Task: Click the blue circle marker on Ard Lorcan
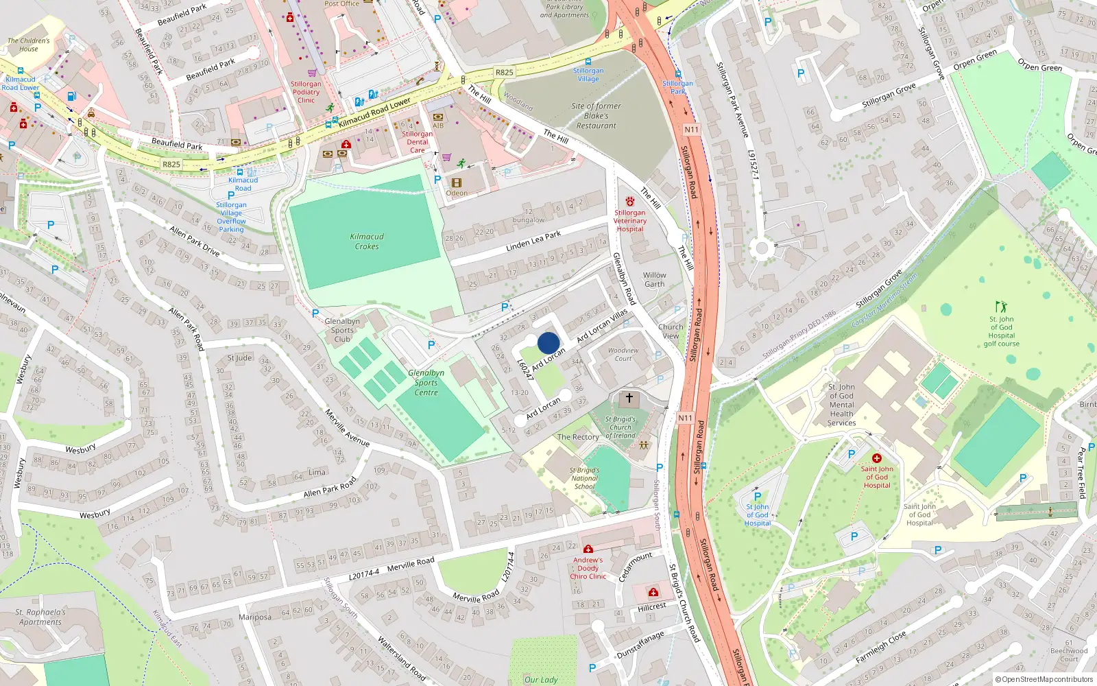coord(548,343)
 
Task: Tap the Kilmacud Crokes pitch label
coord(367,241)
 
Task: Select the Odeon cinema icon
coord(457,182)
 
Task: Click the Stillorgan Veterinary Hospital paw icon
coord(629,201)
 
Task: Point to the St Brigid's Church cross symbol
coord(629,398)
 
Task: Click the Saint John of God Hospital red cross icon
coord(876,458)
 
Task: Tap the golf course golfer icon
coord(1001,307)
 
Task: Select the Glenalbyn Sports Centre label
coord(426,383)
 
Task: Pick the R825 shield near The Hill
coord(504,72)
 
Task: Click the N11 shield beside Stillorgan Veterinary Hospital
coord(691,130)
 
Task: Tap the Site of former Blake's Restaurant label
coord(596,116)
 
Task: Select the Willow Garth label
coord(654,279)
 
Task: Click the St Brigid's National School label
coord(584,478)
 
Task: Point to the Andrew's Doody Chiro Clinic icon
coord(588,549)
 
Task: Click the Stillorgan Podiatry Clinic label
coord(306,92)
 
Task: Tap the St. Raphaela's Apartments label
coord(40,617)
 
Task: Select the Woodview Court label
coord(623,354)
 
